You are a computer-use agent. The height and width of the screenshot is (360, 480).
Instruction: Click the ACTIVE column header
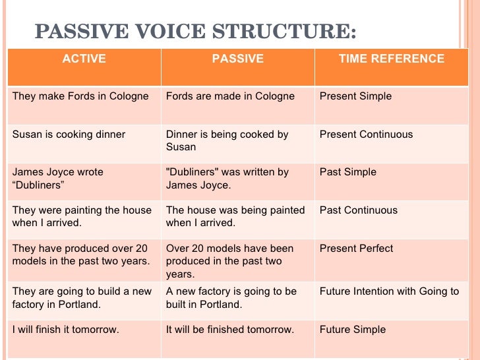(84, 59)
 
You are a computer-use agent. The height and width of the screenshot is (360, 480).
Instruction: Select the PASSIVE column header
(237, 59)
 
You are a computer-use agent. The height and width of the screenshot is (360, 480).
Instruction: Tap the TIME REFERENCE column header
(391, 59)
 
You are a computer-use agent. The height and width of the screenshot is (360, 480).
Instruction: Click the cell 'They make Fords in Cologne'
(80, 96)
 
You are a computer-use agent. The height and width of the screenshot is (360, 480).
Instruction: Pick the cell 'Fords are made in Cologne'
(230, 96)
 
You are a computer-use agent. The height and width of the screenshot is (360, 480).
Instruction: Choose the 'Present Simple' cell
(355, 96)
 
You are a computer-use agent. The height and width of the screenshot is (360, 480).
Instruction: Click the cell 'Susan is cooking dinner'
(69, 135)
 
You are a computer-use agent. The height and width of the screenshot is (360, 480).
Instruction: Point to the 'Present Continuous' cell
(366, 135)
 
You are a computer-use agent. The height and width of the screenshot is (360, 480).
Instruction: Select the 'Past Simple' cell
(347, 172)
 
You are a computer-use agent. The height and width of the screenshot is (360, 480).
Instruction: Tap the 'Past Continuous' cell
(358, 210)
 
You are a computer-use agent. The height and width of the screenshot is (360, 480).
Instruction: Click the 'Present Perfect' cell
(356, 249)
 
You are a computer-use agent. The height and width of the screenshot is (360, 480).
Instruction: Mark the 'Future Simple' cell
(352, 330)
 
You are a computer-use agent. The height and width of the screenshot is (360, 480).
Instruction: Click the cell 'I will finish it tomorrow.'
(66, 330)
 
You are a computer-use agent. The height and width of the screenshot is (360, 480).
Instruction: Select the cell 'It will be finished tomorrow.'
(229, 330)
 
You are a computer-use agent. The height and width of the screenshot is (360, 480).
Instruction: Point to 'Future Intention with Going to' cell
(389, 291)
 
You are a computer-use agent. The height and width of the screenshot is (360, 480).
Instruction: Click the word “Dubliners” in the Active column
(38, 185)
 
